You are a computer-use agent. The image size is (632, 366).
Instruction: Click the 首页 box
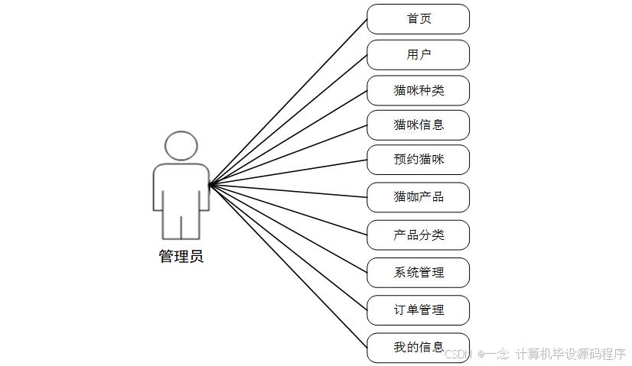tap(418, 19)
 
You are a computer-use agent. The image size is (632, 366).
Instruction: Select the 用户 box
tap(418, 55)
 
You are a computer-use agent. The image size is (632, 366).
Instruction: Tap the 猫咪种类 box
tap(418, 90)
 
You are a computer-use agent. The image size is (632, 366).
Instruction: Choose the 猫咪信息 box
tap(418, 125)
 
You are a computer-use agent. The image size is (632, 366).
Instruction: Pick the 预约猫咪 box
tap(418, 160)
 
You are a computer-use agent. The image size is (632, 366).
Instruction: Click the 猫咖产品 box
tap(418, 197)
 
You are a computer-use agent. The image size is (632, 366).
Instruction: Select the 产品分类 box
tap(418, 235)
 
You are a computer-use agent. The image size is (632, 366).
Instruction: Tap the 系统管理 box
tap(418, 272)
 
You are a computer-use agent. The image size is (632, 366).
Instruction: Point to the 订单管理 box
tap(418, 309)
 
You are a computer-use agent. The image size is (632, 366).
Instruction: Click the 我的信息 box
tap(418, 347)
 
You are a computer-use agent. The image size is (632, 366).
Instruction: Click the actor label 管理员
tap(181, 257)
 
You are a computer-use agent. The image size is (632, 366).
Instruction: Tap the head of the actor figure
tap(181, 145)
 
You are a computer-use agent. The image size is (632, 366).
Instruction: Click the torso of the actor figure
tap(181, 187)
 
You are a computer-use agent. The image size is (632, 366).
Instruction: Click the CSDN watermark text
tap(457, 355)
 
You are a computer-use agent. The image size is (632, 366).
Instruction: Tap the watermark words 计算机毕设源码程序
tap(571, 355)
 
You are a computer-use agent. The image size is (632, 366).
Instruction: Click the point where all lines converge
tap(210, 184)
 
